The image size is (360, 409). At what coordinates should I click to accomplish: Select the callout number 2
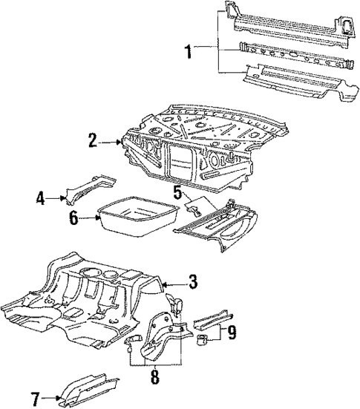(92, 140)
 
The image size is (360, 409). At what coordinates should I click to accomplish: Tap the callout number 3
(192, 281)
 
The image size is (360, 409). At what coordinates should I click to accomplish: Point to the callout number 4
(40, 197)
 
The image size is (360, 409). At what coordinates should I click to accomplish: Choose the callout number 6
(73, 217)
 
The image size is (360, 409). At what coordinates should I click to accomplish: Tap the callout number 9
(231, 333)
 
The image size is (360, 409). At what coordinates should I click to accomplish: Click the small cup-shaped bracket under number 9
(202, 341)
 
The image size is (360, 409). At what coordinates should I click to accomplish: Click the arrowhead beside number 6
(99, 218)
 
